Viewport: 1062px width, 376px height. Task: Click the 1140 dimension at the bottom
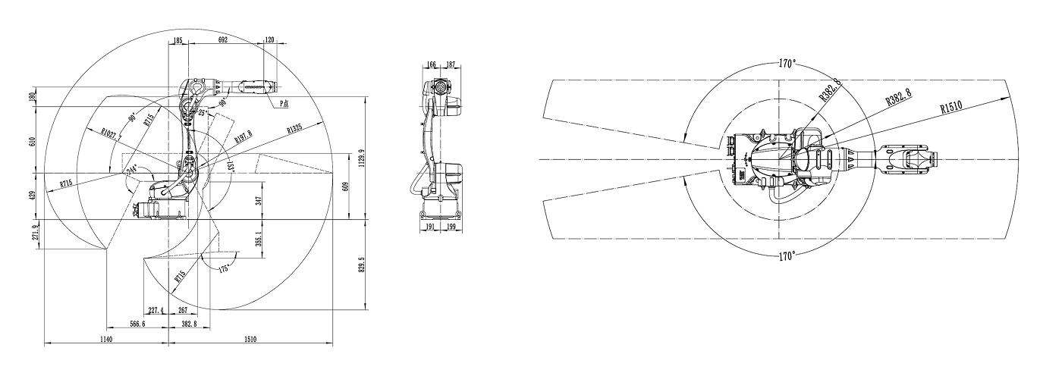pos(105,340)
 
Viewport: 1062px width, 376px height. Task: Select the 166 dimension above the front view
pos(432,65)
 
